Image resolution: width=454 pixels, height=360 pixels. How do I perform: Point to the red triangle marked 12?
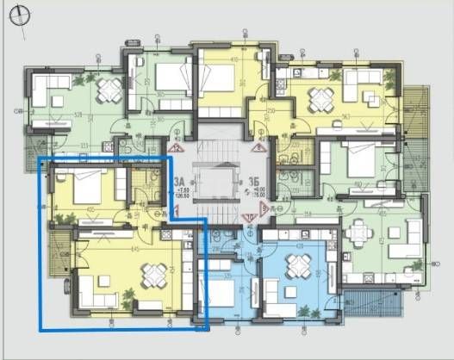point(178,147)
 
